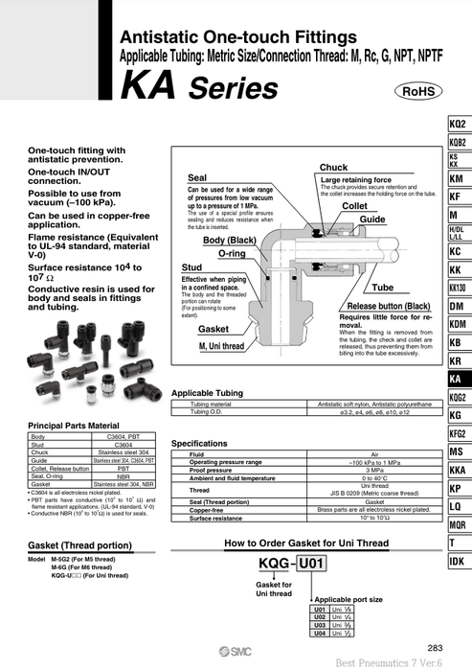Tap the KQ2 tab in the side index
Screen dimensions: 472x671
click(457, 125)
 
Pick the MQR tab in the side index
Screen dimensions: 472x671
click(457, 524)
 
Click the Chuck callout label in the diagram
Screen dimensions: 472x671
click(333, 168)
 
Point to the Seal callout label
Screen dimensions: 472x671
click(198, 178)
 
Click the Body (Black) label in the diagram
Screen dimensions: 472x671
click(228, 240)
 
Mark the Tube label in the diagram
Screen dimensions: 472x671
click(382, 288)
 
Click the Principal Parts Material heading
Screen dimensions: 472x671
click(74, 425)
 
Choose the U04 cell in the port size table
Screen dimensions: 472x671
click(321, 634)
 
